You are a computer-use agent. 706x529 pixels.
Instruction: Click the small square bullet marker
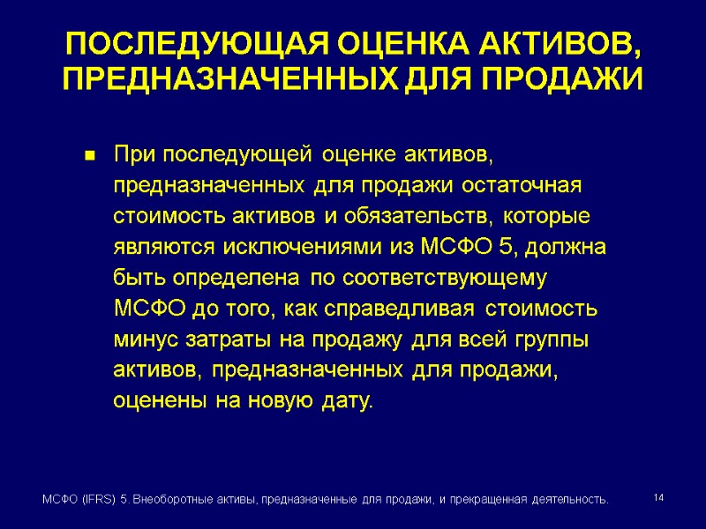pos(89,157)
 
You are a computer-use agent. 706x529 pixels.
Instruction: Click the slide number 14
pos(657,499)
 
